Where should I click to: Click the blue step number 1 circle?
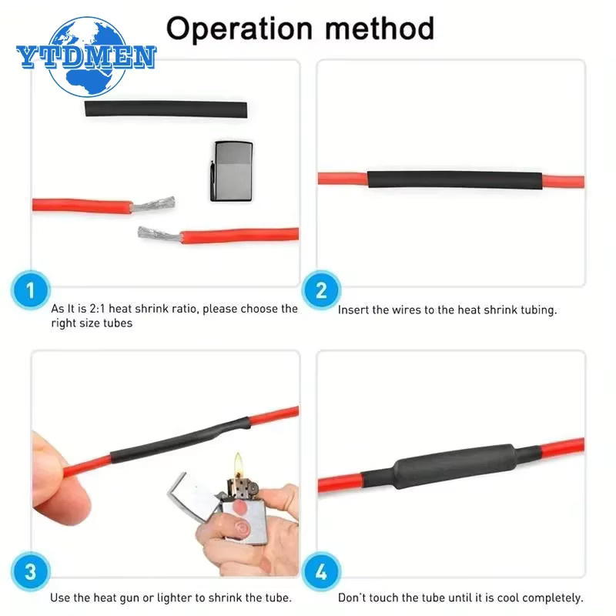point(31,290)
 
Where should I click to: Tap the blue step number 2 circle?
point(321,290)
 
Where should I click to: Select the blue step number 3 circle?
point(31,571)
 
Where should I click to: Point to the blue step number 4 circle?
point(321,571)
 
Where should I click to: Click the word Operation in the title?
point(239,29)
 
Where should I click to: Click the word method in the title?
point(380,28)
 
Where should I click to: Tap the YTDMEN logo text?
point(86,57)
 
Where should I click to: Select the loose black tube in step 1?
point(166,109)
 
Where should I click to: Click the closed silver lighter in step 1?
point(232,171)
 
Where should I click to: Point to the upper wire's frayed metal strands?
point(153,204)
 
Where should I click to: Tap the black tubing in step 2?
point(455,180)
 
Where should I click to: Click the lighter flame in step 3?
point(238,464)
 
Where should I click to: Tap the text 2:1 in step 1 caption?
point(97,309)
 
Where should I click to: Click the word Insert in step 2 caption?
point(353,310)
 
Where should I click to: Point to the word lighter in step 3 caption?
point(175,598)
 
